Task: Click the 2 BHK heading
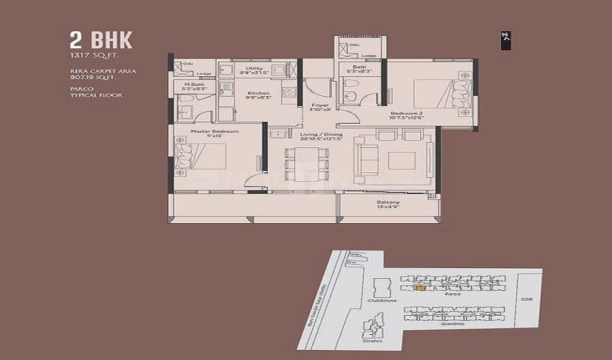[x=101, y=39]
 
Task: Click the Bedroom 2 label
[x=406, y=114]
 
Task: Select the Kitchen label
[x=258, y=93]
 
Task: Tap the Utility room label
[x=254, y=69]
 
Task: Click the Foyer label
[x=319, y=105]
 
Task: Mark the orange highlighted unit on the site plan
[x=421, y=289]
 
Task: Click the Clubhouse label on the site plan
[x=380, y=299]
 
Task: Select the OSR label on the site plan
[x=526, y=299]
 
